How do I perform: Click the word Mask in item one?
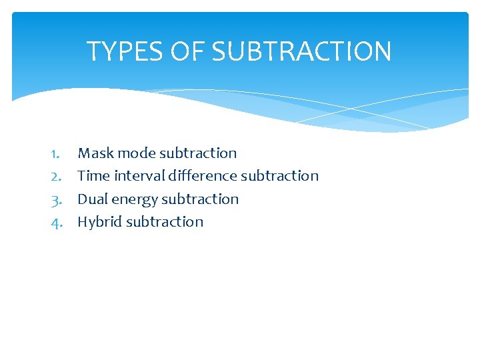tap(95, 153)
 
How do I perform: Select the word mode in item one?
tap(136, 153)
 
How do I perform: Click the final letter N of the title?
tap(382, 51)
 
